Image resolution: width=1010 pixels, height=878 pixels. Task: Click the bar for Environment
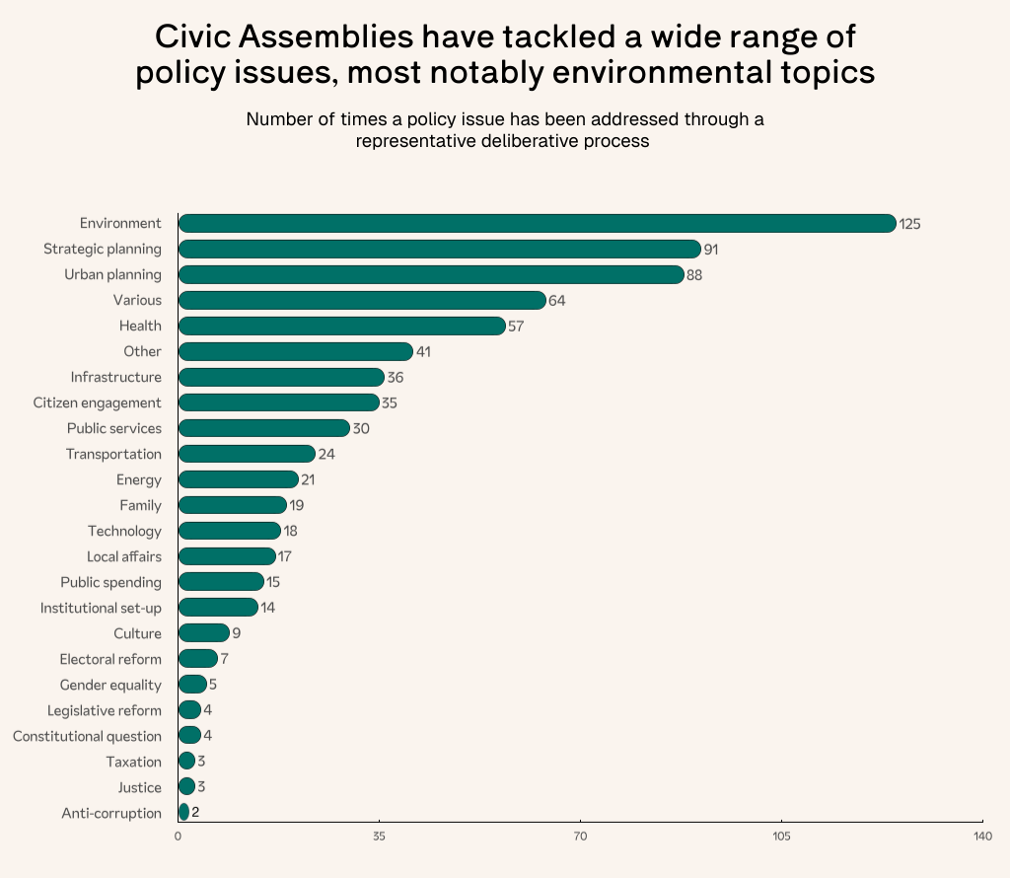pos(537,224)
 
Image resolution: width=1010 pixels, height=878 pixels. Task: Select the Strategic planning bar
pos(439,250)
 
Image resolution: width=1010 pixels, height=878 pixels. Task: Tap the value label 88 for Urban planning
pos(694,275)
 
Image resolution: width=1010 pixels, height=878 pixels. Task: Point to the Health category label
pos(140,327)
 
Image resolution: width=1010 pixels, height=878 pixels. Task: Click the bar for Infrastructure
pos(281,378)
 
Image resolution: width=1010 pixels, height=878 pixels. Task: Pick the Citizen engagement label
pos(98,403)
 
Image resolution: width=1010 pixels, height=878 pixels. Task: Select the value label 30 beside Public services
pos(361,429)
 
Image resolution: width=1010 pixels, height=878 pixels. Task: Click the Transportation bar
pos(247,455)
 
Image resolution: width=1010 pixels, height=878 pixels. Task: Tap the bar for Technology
pos(230,532)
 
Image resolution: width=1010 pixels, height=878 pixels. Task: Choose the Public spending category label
pos(110,583)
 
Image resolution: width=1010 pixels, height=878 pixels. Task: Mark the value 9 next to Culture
pos(237,634)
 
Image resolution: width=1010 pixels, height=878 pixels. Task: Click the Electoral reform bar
pos(198,660)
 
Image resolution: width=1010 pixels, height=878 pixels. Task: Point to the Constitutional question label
pos(87,737)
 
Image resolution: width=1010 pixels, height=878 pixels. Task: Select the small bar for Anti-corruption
pos(183,814)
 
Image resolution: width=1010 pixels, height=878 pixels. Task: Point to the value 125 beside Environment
pos(909,225)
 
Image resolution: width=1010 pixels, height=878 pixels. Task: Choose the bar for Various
pos(362,301)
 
